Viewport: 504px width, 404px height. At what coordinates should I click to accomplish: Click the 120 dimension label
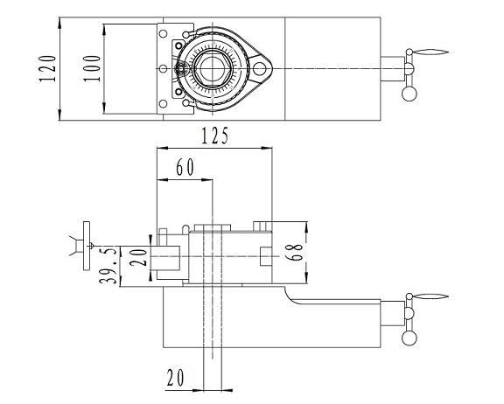(47, 69)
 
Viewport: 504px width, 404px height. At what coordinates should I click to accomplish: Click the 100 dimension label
(92, 69)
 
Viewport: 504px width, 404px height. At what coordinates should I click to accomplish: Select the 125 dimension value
(215, 136)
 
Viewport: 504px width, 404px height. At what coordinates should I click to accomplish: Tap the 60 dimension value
(185, 167)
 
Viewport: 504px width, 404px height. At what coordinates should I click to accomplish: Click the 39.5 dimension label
(108, 266)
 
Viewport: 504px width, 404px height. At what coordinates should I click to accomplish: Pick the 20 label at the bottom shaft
(175, 378)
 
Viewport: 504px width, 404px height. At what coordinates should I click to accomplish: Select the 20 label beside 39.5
(138, 256)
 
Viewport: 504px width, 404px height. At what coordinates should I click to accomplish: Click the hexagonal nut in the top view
(212, 68)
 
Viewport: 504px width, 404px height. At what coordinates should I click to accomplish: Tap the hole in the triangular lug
(259, 68)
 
